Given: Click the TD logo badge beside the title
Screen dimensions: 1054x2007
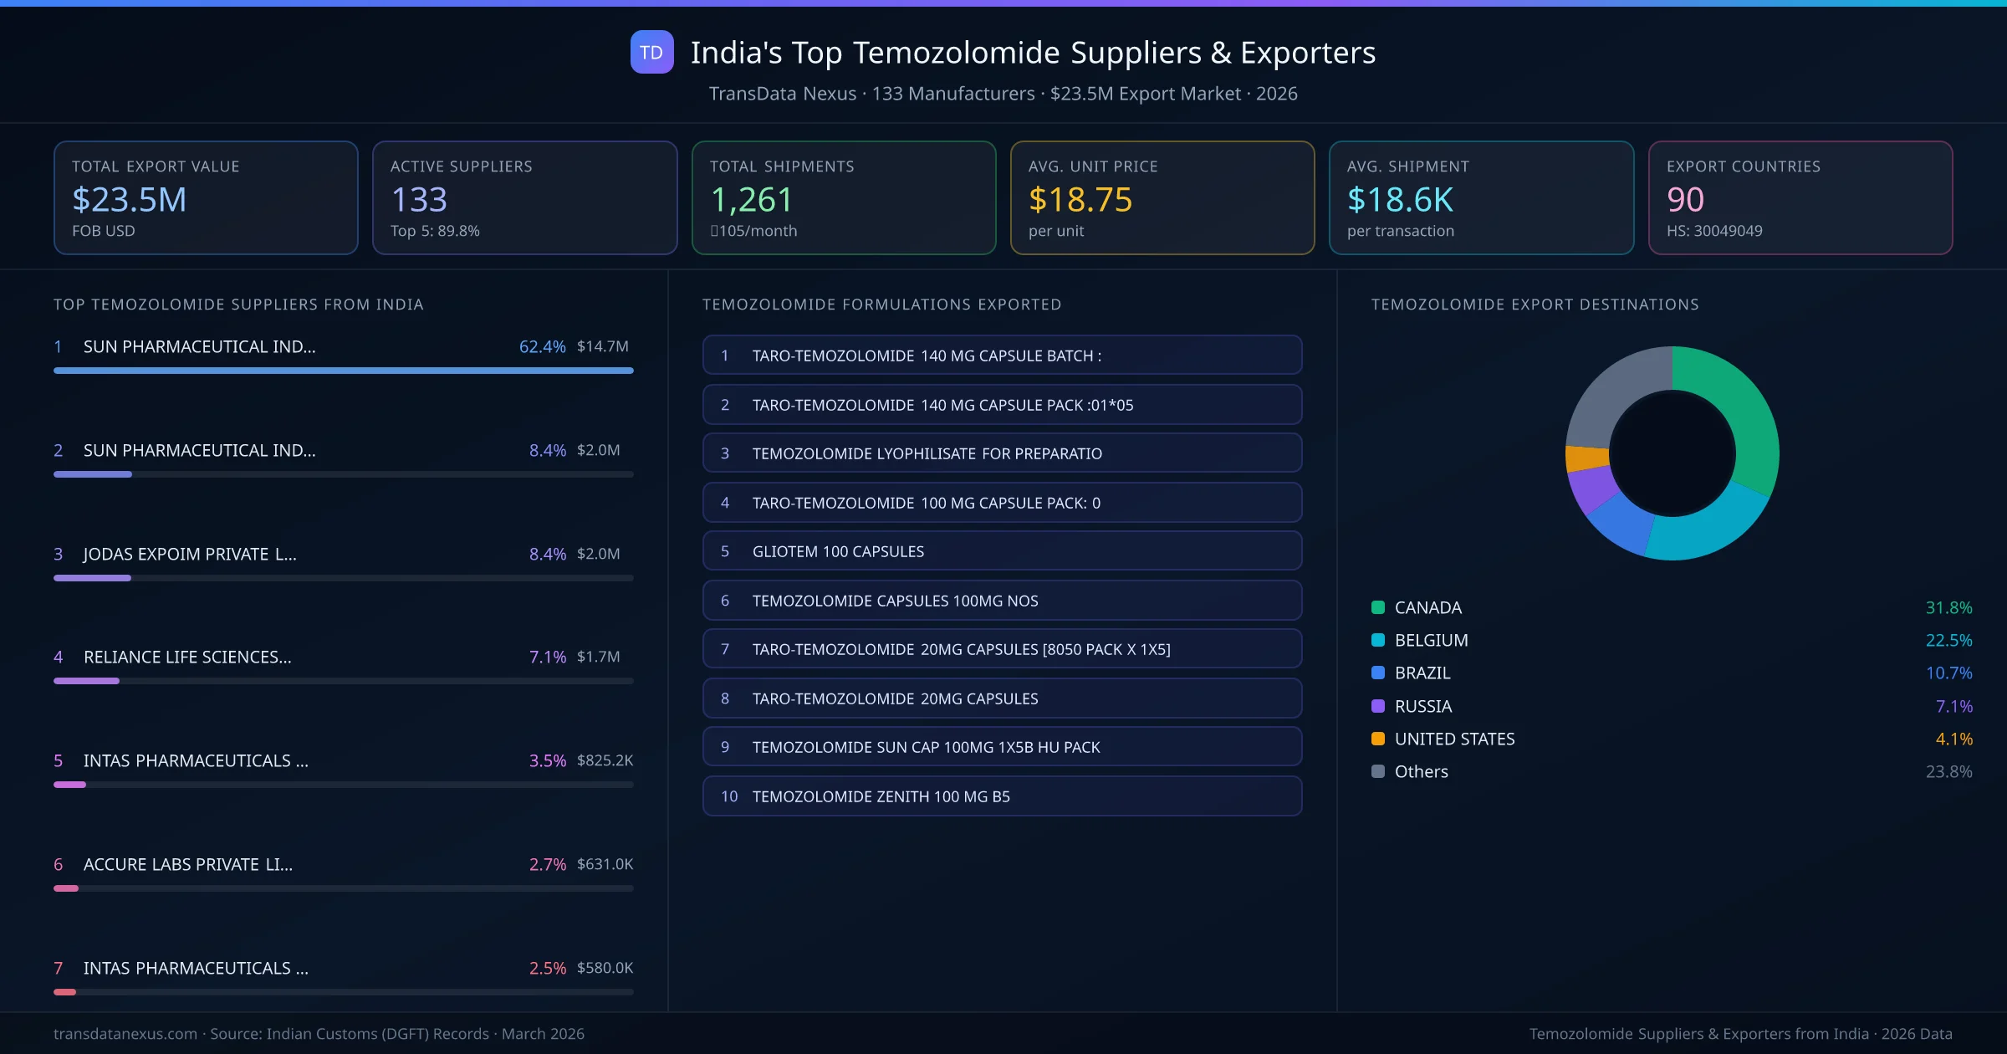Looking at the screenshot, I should pyautogui.click(x=651, y=53).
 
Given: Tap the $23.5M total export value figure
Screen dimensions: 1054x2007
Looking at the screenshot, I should pyautogui.click(x=130, y=200).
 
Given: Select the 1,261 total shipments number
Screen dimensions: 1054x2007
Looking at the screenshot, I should pyautogui.click(x=751, y=200).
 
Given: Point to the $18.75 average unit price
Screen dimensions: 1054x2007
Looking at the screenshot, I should pyautogui.click(x=1080, y=200).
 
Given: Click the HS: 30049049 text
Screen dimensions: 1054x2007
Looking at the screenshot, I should pyautogui.click(x=1713, y=231).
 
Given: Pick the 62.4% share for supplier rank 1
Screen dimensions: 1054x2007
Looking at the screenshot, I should pyautogui.click(x=542, y=346).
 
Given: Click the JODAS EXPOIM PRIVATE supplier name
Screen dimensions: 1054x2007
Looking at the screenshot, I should pyautogui.click(x=190, y=554).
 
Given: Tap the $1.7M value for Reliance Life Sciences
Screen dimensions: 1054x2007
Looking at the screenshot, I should pyautogui.click(x=598, y=657).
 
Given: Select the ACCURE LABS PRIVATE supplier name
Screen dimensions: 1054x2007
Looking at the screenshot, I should pyautogui.click(x=188, y=864).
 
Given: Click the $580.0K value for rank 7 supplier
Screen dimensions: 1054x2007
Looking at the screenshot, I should pyautogui.click(x=605, y=968).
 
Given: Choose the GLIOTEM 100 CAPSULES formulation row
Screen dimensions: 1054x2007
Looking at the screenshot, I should pyautogui.click(x=1002, y=551).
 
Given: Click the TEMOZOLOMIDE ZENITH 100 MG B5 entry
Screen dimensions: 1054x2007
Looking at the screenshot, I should pyautogui.click(x=1002, y=796).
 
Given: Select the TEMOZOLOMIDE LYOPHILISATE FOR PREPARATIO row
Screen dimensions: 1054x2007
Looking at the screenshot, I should pyautogui.click(x=1002, y=453).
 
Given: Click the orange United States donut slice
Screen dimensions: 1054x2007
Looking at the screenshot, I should pyautogui.click(x=1586, y=458).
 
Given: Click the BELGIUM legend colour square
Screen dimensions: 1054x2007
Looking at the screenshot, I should pyautogui.click(x=1378, y=641).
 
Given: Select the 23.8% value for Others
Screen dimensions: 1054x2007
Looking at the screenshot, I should pyautogui.click(x=1948, y=771).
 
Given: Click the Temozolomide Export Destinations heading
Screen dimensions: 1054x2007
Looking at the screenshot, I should pyautogui.click(x=1535, y=304).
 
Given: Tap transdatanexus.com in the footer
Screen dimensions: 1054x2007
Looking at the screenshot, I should pyautogui.click(x=125, y=1034).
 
